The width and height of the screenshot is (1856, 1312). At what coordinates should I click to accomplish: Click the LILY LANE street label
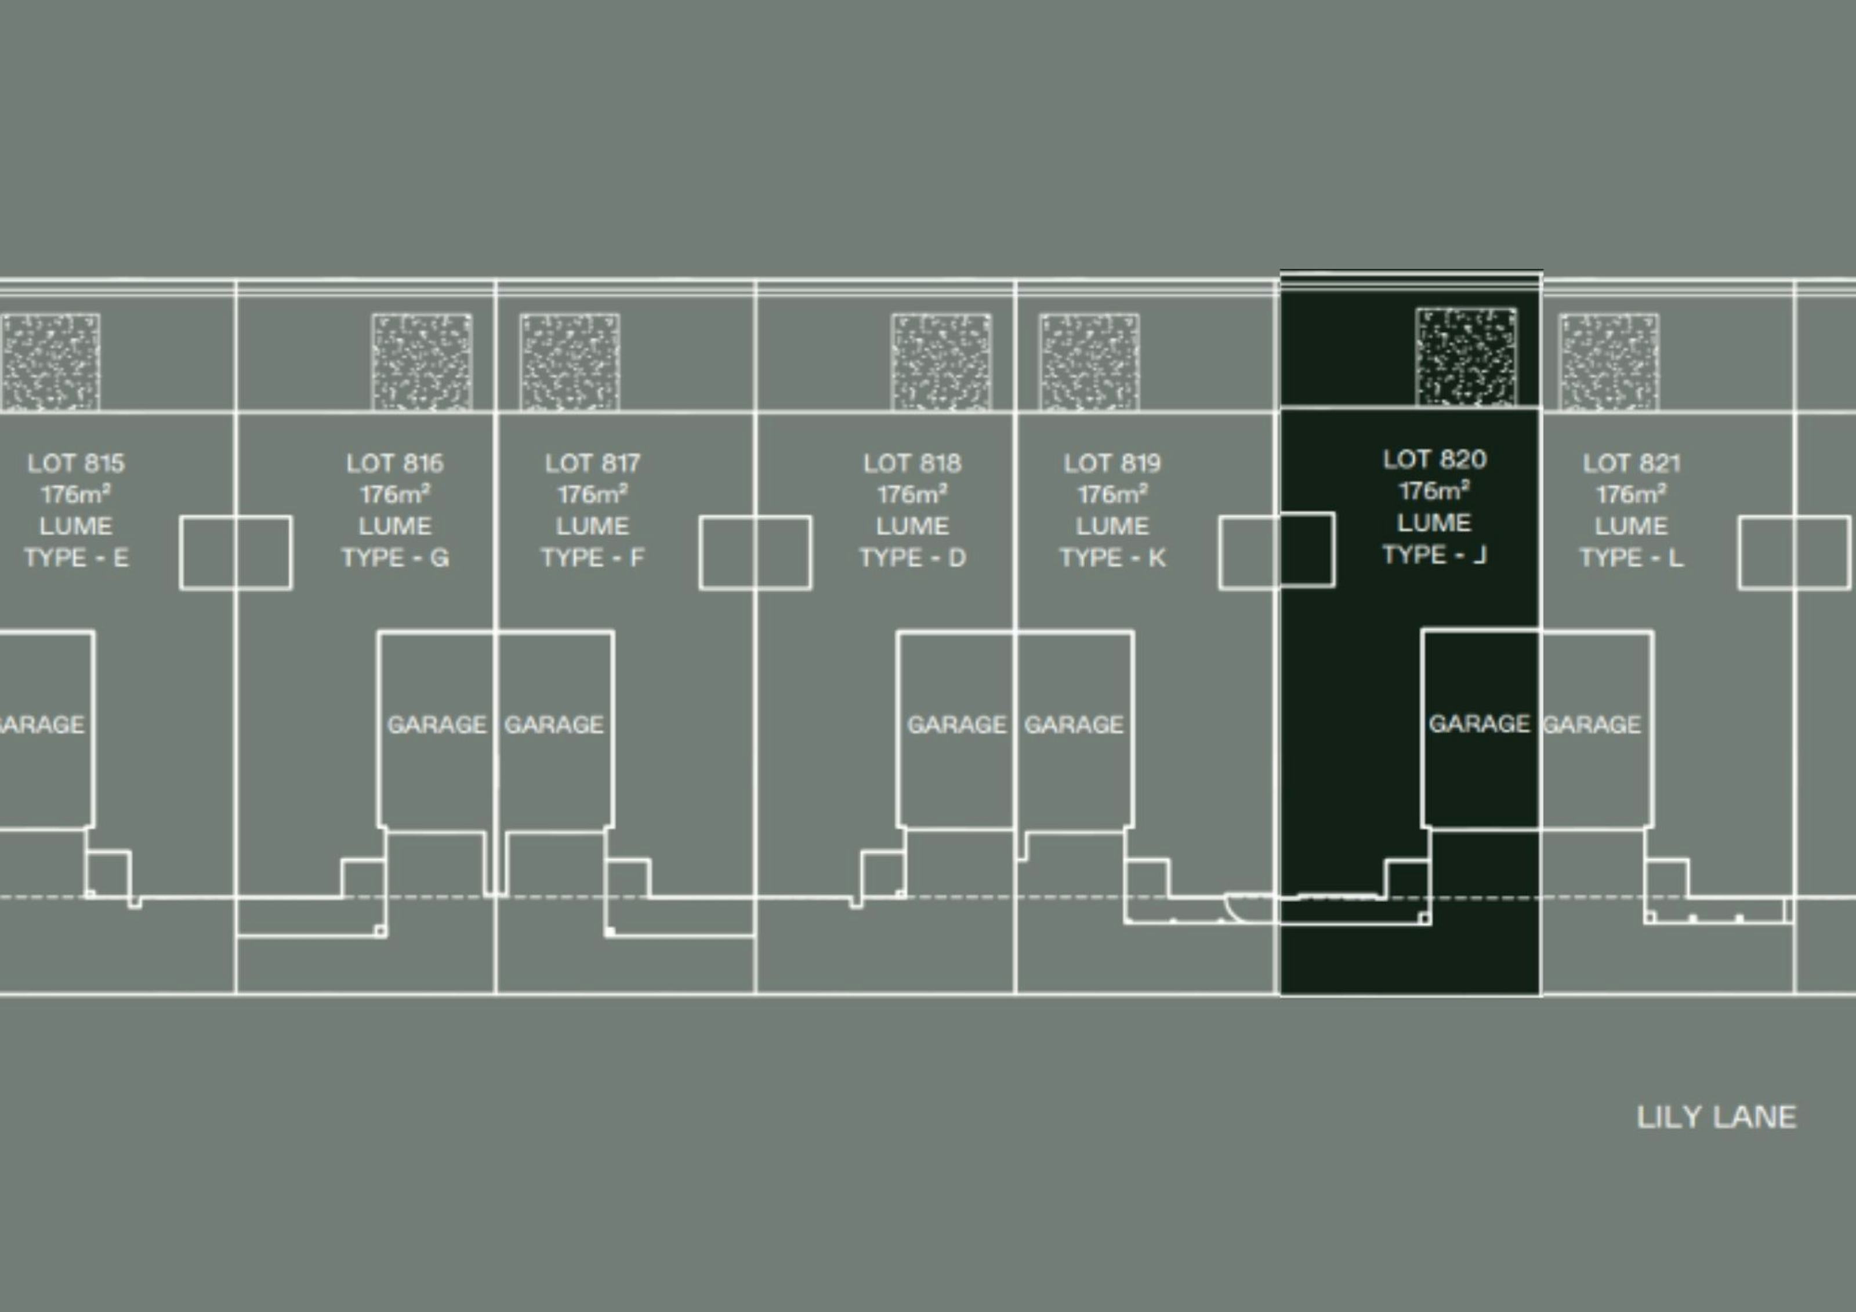(1716, 1117)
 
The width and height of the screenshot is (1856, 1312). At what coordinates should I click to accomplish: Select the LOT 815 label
(76, 463)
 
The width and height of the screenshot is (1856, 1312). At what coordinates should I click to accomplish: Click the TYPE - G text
(396, 558)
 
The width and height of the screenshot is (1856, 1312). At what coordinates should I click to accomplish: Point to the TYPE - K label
(1112, 558)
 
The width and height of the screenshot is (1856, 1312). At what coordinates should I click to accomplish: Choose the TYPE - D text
(913, 558)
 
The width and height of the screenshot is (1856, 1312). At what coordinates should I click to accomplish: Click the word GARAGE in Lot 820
(1478, 723)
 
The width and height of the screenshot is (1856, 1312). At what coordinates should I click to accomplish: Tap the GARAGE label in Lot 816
(437, 724)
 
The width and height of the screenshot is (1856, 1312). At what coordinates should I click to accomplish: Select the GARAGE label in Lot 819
(1074, 724)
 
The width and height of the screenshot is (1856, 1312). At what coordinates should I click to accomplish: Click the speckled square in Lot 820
(1466, 357)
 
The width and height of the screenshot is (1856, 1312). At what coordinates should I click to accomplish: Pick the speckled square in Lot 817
(570, 362)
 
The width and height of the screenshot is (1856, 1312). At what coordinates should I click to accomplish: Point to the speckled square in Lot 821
(1609, 362)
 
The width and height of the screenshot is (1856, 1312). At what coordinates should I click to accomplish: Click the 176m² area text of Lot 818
(913, 494)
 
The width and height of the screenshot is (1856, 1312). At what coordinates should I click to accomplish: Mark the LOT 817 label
(593, 463)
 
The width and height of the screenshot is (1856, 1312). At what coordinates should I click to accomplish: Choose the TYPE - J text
(1434, 554)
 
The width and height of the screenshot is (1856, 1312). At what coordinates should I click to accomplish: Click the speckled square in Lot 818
(941, 362)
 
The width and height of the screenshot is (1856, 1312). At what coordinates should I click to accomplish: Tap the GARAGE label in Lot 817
(554, 724)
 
